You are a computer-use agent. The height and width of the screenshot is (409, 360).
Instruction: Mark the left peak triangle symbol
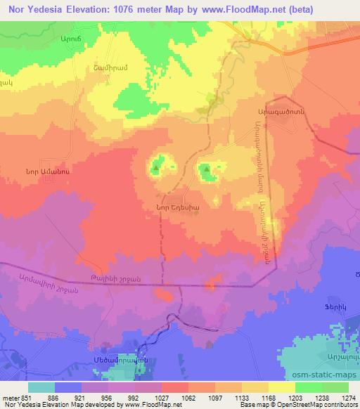point(155,168)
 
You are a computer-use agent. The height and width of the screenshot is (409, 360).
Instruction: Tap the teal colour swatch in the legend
point(41,387)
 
